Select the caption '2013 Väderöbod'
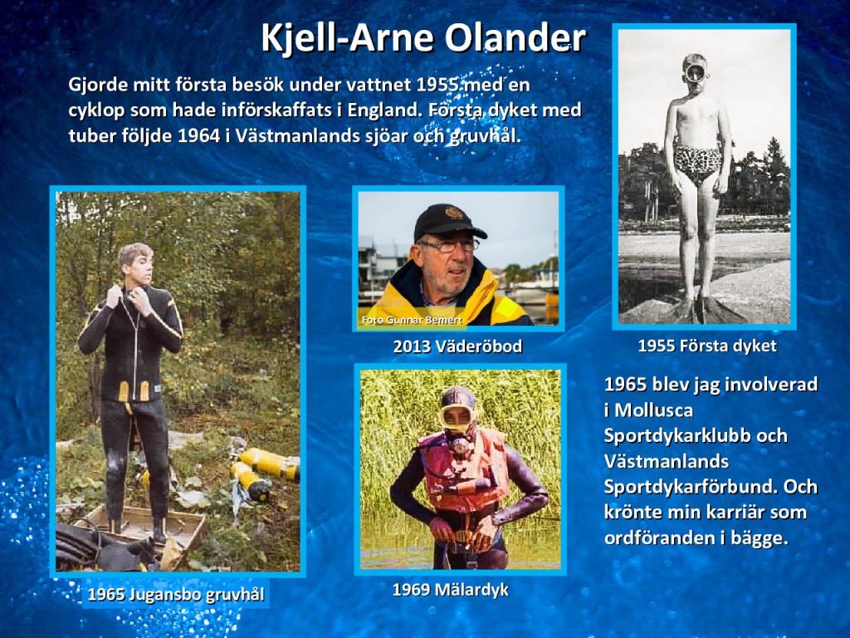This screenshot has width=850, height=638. [457, 346]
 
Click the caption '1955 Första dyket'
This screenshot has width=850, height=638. [707, 346]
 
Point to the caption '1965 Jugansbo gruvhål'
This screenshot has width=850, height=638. [176, 595]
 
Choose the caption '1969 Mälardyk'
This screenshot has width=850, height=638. [451, 589]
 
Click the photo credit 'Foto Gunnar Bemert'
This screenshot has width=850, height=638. [412, 320]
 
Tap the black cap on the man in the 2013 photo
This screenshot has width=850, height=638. [449, 221]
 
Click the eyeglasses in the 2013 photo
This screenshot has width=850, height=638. [449, 246]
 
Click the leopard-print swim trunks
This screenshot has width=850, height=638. [697, 162]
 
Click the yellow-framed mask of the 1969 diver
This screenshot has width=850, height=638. [457, 415]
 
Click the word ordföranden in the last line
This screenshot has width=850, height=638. [657, 538]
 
